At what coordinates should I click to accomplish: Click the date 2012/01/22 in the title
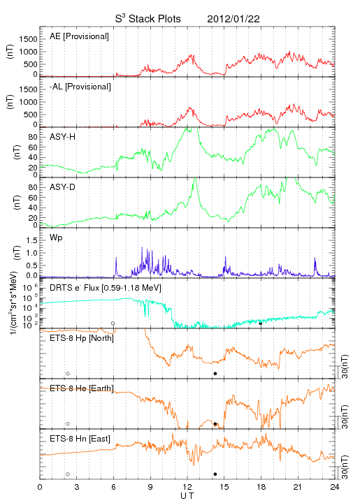(x=233, y=19)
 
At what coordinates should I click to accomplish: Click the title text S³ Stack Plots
(x=148, y=19)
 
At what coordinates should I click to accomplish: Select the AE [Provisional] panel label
(x=79, y=36)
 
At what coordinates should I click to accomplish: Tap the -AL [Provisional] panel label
(x=80, y=87)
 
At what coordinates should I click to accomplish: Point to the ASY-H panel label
(x=63, y=137)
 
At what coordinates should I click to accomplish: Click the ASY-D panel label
(x=63, y=187)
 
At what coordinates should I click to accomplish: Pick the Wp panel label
(x=56, y=238)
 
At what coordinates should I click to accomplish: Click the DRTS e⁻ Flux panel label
(x=106, y=288)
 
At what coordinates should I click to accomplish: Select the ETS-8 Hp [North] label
(x=82, y=338)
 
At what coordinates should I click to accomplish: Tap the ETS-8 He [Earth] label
(x=82, y=388)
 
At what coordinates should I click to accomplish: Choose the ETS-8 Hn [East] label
(x=80, y=439)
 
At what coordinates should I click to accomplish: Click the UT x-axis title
(x=187, y=496)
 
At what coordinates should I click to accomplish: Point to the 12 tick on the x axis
(x=187, y=487)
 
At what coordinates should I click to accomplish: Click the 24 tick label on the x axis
(x=335, y=487)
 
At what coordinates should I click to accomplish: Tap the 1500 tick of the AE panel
(x=28, y=39)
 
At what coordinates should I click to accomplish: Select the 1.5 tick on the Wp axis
(x=32, y=240)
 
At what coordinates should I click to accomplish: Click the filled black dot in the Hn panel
(x=215, y=474)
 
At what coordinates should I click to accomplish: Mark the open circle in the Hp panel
(x=68, y=374)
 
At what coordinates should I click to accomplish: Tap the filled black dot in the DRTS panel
(x=261, y=323)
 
